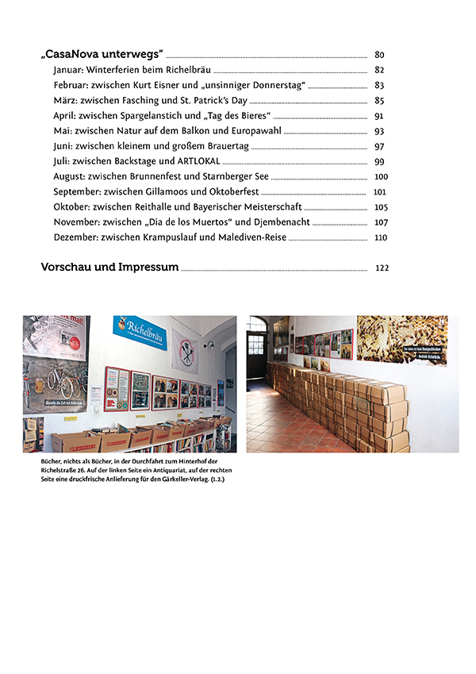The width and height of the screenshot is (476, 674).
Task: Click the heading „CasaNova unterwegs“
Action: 102,55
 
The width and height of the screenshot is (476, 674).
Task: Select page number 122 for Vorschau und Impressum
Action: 382,268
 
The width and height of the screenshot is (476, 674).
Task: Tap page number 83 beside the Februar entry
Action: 379,85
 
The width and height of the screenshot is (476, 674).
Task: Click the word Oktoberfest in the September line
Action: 229,191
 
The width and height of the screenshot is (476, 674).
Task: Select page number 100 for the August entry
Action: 381,176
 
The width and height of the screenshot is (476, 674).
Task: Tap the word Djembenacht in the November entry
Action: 281,221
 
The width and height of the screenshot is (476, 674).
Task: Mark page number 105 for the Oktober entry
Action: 380,207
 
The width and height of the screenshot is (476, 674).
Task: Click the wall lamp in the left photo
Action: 210,345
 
